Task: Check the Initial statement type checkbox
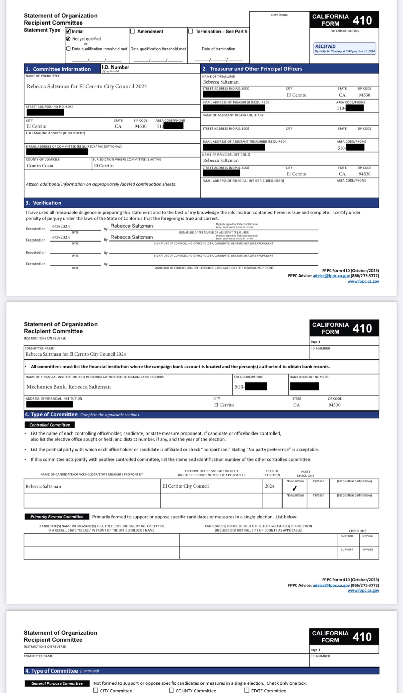coord(69,31)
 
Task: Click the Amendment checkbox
coord(132,31)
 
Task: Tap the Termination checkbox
coord(191,31)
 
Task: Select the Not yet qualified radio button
coord(69,39)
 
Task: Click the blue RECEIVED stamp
coord(344,48)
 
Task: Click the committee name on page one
coord(87,87)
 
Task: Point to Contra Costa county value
coord(40,166)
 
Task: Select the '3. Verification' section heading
coord(43,203)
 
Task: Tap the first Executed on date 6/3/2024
coord(61,227)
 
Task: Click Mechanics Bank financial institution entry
coord(69,387)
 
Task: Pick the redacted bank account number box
coord(304,386)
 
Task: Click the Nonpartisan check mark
coord(295,489)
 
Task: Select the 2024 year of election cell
coord(270,486)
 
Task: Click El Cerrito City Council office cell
coord(186,486)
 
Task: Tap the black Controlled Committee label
coord(50,425)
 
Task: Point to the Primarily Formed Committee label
coord(57,517)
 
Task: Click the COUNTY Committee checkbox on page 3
coord(171,690)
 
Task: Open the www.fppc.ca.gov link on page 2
coord(363,590)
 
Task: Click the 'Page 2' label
coord(315,342)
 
